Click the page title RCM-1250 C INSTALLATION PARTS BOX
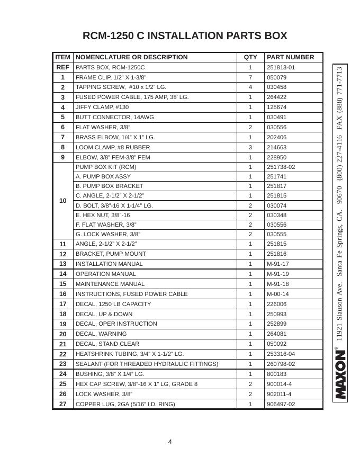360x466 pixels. [185, 36]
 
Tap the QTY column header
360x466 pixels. [250, 57]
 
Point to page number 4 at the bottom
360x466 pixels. [170, 442]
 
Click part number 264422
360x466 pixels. [276, 97]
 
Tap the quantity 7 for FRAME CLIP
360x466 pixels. [250, 77]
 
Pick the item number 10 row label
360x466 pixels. [62, 201]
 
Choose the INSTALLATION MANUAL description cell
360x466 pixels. [109, 264]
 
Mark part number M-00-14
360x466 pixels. [277, 294]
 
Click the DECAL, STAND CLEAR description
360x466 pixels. [107, 344]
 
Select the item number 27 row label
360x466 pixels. [62, 404]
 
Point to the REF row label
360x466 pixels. [62, 68]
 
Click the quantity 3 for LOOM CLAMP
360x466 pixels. [250, 147]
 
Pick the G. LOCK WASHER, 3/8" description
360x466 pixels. [108, 234]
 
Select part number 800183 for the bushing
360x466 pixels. [276, 374]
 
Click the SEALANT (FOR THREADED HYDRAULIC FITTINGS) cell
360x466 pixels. [147, 364]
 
